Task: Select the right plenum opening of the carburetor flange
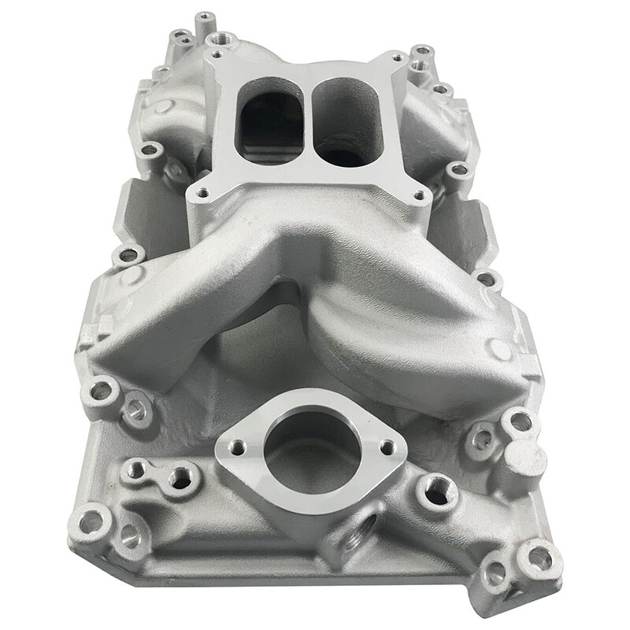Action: [347, 122]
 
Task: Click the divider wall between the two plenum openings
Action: [307, 118]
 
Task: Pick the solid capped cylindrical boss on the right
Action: [521, 456]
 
